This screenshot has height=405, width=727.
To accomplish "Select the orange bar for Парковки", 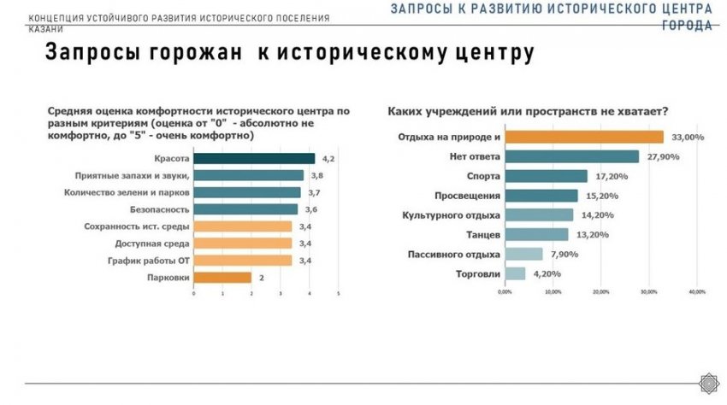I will pos(222,277).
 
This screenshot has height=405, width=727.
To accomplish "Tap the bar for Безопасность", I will pos(245,208).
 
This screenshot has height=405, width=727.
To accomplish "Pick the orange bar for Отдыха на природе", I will pos(583,137).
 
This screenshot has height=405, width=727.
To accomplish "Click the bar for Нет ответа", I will pos(571,156).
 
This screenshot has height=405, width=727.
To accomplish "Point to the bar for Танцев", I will pos(536,234).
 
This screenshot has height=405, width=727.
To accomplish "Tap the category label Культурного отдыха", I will pos(451,214).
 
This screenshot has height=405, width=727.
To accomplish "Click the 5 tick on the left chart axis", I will pos(339,294).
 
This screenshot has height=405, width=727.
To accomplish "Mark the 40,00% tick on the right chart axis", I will pos(696,291).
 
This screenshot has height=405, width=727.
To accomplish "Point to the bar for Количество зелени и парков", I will pos(247,192).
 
